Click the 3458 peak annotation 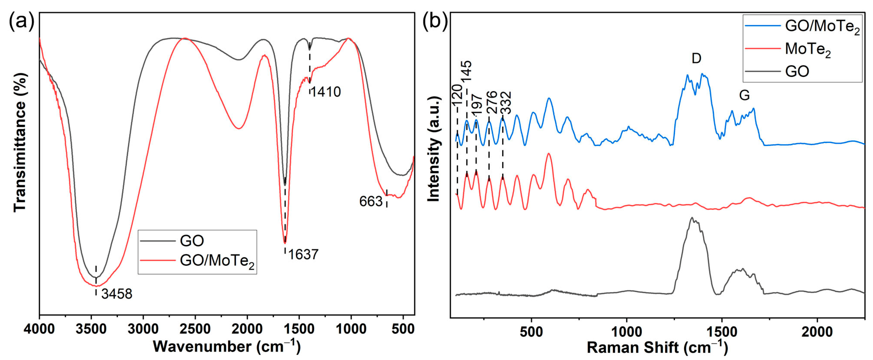[117, 294]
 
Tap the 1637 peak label [303, 255]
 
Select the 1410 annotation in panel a [325, 92]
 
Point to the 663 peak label [371, 202]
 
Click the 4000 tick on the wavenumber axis [39, 329]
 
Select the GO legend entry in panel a [192, 241]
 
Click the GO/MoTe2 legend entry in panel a [217, 261]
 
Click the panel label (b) [435, 21]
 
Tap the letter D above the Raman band [696, 59]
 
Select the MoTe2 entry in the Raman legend [808, 49]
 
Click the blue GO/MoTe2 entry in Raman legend [822, 26]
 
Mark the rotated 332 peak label [506, 103]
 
